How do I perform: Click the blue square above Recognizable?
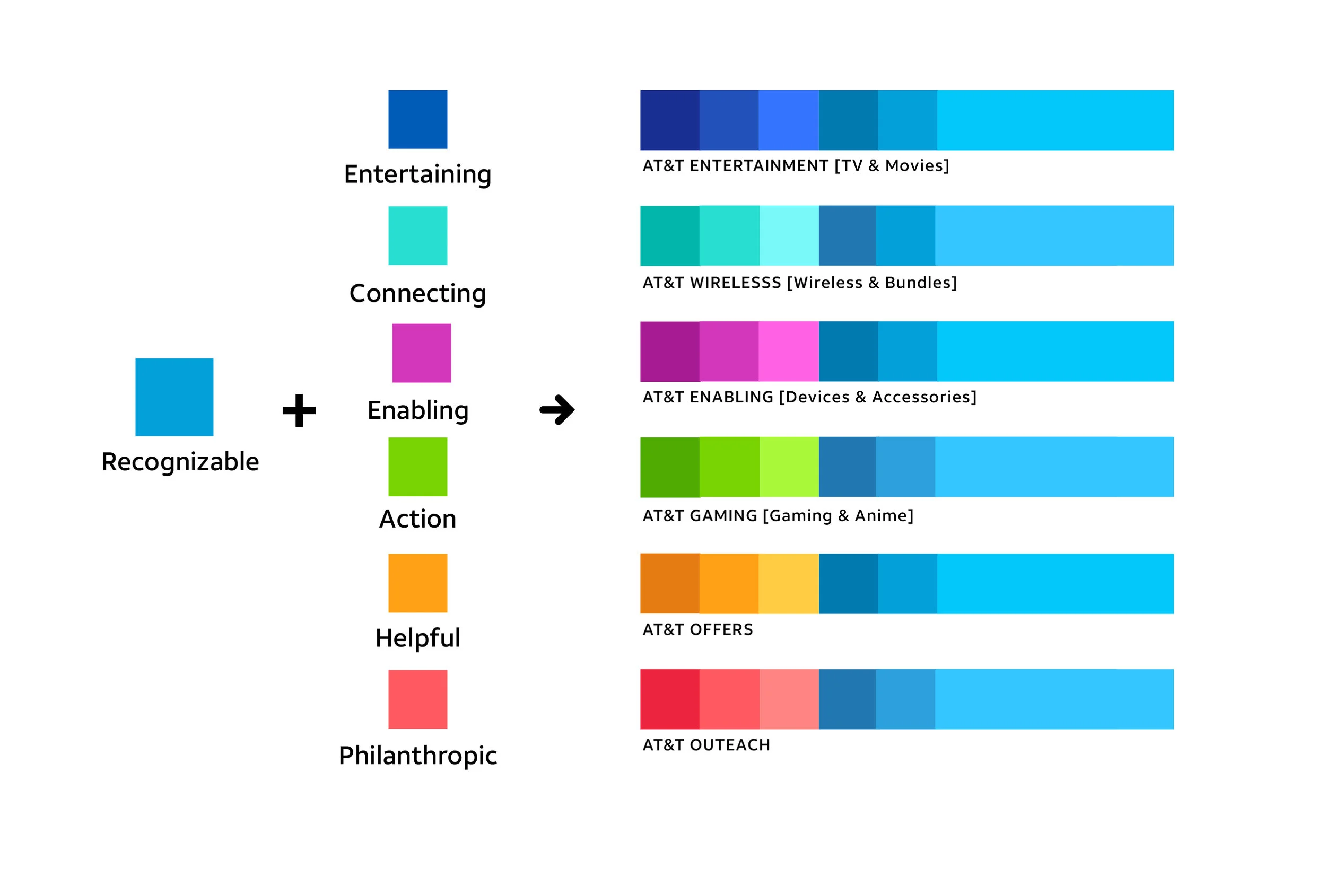[174, 397]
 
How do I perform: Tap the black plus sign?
[299, 410]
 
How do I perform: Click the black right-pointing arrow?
[557, 410]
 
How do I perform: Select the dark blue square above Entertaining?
[418, 119]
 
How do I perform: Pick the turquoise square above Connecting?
[418, 235]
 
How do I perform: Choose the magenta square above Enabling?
[422, 353]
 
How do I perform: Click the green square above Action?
[418, 467]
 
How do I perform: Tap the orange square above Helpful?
[418, 583]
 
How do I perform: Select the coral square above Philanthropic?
[418, 699]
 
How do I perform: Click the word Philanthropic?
[418, 756]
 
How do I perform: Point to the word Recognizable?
[180, 462]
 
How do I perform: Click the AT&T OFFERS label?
[698, 629]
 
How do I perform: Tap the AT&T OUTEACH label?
[706, 745]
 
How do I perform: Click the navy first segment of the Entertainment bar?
[670, 120]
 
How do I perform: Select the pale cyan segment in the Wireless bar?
[789, 235]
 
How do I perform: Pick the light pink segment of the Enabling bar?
[789, 352]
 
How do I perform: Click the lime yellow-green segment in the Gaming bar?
[789, 467]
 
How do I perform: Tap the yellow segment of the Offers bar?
[789, 584]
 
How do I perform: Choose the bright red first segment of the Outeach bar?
[670, 699]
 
